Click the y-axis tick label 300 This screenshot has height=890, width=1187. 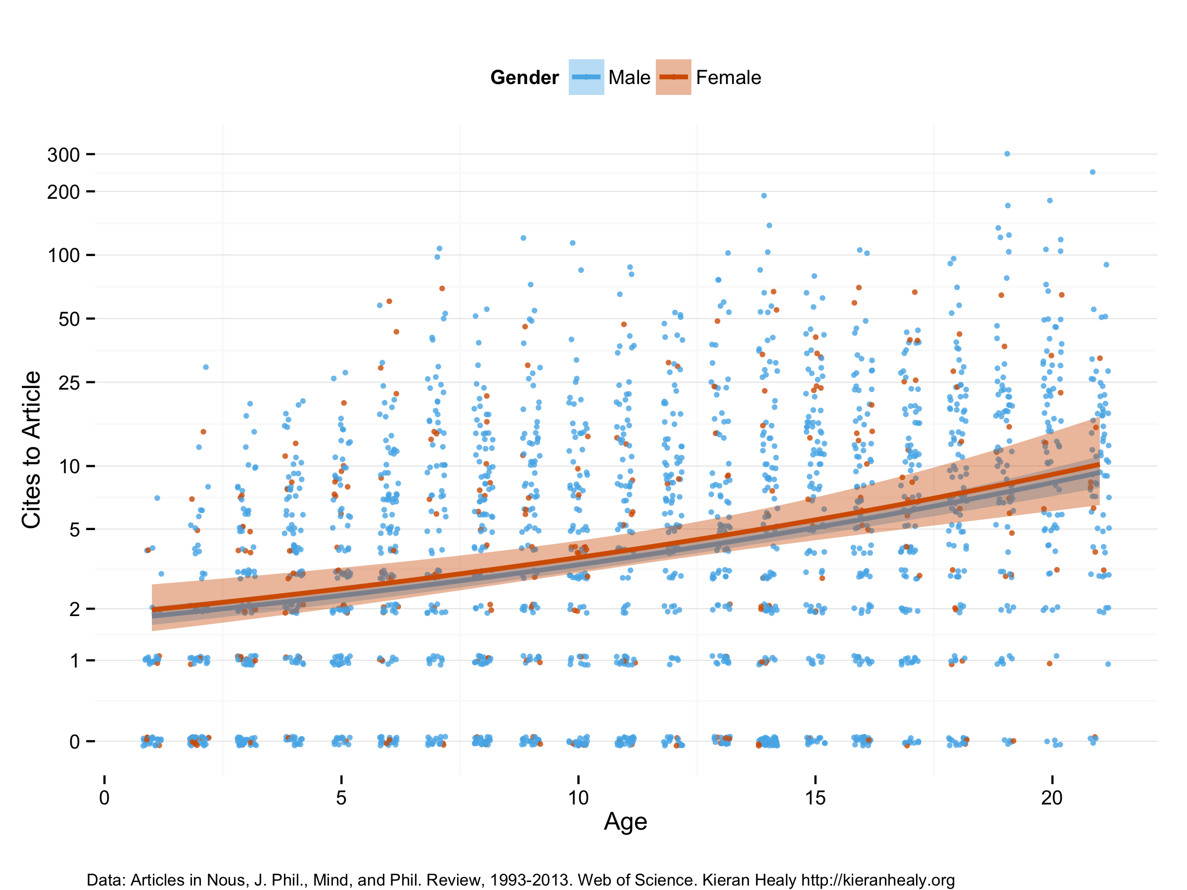[x=63, y=155]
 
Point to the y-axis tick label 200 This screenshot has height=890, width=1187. [x=63, y=191]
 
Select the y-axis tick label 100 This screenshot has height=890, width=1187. [x=63, y=255]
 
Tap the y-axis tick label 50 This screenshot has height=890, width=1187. [x=69, y=319]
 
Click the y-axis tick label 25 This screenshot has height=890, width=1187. [x=69, y=383]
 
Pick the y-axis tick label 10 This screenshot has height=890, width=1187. [x=69, y=467]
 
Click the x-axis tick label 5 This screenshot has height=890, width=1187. [x=341, y=798]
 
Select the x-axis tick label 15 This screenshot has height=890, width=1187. [x=815, y=798]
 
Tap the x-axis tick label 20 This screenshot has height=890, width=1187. [x=1052, y=798]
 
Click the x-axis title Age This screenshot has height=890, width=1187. [x=625, y=822]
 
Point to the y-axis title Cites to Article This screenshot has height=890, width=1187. [x=31, y=449]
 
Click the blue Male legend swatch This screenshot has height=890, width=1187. [x=586, y=77]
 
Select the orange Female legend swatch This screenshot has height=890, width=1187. [x=673, y=77]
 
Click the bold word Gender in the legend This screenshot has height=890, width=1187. [x=524, y=78]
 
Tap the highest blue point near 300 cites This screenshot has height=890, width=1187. [x=1007, y=154]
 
